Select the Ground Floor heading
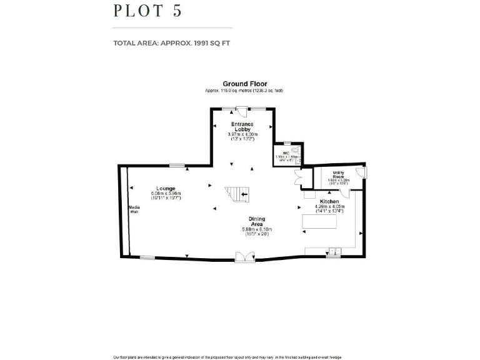tap(245, 84)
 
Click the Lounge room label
tap(166, 188)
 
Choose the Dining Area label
tap(257, 221)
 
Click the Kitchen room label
tap(329, 202)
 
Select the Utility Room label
tap(338, 176)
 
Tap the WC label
tap(286, 152)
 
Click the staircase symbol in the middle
tap(237, 194)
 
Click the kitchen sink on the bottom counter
tap(332, 251)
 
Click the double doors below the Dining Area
tap(241, 256)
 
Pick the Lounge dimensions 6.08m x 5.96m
tap(166, 194)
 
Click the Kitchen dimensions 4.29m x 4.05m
tap(329, 207)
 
